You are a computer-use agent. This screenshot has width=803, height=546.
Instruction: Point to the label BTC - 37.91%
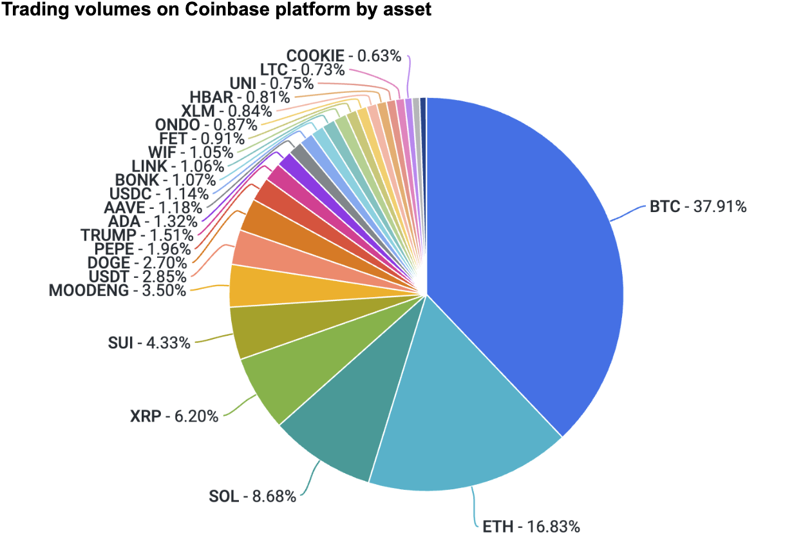tap(698, 207)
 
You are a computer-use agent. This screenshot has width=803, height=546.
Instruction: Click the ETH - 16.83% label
tap(531, 527)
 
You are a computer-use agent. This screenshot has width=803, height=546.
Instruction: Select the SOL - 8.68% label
tap(252, 496)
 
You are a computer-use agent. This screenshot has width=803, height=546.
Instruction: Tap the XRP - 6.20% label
tap(174, 416)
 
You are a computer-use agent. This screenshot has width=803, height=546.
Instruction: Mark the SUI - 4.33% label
tap(149, 343)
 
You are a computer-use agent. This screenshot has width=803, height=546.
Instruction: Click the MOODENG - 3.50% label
tap(117, 290)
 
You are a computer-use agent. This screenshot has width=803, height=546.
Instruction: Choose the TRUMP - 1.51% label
tap(137, 235)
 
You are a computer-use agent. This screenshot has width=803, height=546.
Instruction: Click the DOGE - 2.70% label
tap(137, 263)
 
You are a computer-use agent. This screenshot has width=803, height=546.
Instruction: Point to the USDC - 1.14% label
tap(159, 193)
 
